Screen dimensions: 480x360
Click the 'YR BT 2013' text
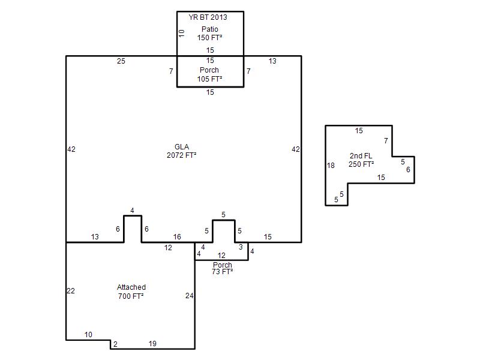208,17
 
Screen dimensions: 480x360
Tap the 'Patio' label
209,29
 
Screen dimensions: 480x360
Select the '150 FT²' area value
209,38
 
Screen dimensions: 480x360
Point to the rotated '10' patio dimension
182,33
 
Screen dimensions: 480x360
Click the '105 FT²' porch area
209,79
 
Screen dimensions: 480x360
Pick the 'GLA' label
182,146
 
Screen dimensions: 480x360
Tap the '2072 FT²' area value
182,155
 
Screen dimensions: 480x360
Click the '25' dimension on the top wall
121,61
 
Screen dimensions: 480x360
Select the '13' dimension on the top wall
272,61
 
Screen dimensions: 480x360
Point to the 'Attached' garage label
131,287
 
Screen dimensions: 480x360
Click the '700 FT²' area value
131,296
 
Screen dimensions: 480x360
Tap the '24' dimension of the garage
190,296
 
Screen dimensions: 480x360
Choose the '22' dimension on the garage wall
71,291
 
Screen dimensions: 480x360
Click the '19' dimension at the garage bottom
152,344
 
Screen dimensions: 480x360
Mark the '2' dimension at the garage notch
115,344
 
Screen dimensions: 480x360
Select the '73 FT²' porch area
223,272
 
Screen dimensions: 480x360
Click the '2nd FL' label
361,156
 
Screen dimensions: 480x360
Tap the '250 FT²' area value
361,164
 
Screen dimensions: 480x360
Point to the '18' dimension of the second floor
331,166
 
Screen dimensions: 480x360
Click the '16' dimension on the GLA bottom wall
177,236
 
